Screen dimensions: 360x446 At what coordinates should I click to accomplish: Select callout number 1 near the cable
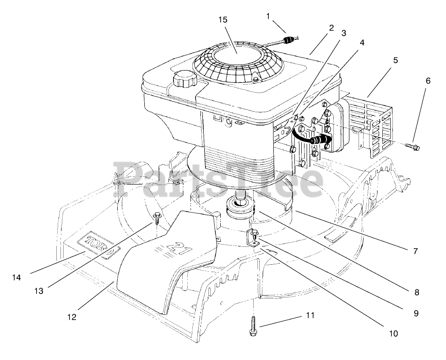point(269,16)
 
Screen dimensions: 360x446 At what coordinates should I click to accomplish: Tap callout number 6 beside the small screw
point(428,81)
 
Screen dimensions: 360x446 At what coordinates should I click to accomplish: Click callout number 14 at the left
point(17,277)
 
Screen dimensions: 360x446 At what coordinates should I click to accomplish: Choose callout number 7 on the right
point(415,251)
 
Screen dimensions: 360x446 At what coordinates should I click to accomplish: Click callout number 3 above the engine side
point(343,33)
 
